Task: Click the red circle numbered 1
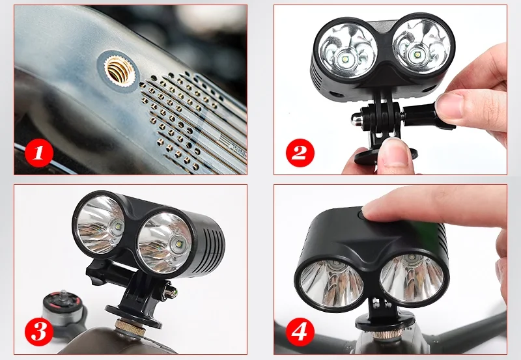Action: [39, 153]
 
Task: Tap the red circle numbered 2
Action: [300, 153]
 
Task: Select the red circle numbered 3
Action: [39, 331]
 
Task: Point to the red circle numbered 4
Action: [300, 331]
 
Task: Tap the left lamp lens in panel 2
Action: [348, 51]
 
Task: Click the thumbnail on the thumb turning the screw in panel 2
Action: [448, 105]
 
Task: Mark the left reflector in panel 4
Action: [331, 282]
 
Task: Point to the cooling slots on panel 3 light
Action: [208, 242]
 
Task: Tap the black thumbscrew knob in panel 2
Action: [420, 117]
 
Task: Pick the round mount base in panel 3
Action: [134, 314]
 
